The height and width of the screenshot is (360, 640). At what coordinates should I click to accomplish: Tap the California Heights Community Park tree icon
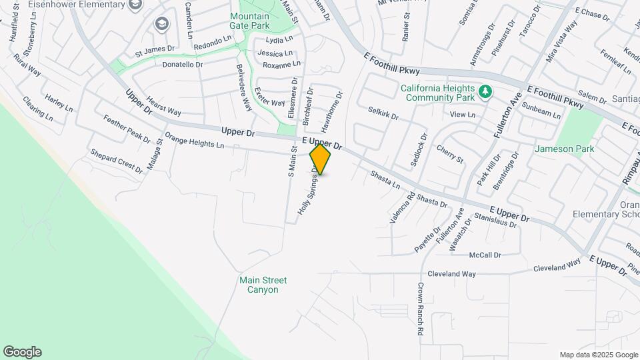(x=486, y=91)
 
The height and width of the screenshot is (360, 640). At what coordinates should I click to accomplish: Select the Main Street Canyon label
(x=259, y=285)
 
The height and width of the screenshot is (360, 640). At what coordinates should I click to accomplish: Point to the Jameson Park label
(x=564, y=149)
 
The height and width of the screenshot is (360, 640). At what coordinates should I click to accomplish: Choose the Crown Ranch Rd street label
(x=421, y=309)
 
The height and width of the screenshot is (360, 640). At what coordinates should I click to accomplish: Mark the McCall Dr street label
(x=485, y=255)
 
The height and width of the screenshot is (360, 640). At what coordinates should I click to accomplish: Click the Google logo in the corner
(x=22, y=352)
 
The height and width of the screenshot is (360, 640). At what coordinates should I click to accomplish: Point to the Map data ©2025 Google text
(x=598, y=355)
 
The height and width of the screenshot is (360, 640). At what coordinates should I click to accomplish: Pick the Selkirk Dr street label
(x=383, y=113)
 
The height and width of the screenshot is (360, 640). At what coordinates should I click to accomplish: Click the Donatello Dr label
(x=183, y=65)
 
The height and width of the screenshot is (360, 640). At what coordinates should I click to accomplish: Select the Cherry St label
(x=449, y=154)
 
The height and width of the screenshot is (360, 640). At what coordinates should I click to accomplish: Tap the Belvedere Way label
(x=243, y=87)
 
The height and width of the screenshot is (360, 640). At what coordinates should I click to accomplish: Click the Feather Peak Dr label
(x=127, y=128)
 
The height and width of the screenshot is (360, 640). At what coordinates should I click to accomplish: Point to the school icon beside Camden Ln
(x=161, y=25)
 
